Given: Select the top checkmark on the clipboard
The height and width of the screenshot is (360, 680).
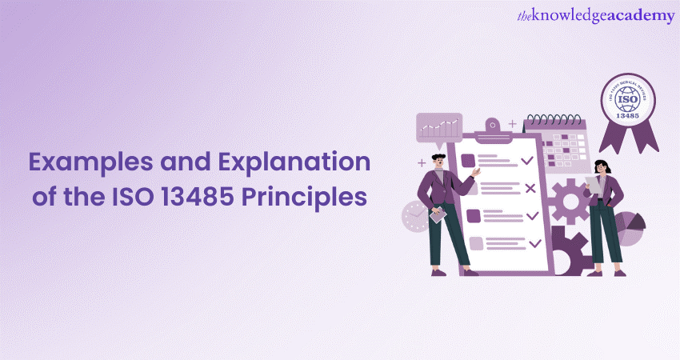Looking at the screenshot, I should [526, 161].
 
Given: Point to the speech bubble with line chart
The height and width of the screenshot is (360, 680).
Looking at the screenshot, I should [439, 126].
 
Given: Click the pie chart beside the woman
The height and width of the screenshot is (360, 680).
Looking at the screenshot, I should [631, 230].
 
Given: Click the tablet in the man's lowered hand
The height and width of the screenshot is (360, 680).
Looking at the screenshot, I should [438, 215].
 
